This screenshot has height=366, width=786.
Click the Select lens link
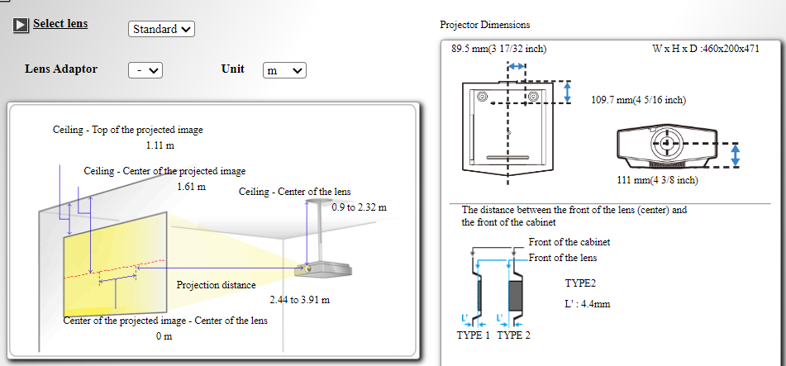tap(60, 24)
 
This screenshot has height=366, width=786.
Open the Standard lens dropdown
tap(161, 29)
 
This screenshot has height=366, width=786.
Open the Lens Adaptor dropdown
tap(145, 70)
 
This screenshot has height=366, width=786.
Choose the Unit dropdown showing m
tap(284, 70)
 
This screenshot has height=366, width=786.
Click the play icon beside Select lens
tap(21, 25)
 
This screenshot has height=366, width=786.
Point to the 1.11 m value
tap(160, 146)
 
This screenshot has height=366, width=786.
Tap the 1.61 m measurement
tap(192, 187)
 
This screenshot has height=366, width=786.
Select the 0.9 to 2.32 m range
tap(360, 207)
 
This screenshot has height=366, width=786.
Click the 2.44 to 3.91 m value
tap(300, 301)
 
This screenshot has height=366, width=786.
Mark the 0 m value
tap(164, 336)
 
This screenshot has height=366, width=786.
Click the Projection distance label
tap(216, 285)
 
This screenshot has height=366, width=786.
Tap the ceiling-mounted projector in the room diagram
tap(323, 269)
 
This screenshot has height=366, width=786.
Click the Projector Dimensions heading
tap(484, 25)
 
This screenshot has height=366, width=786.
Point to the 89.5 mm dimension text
tap(498, 49)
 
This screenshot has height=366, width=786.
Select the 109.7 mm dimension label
tap(639, 100)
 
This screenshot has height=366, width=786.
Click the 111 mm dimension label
tap(657, 180)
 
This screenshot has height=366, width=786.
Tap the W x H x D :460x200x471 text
tap(706, 49)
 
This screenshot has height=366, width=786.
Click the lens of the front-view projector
tap(667, 143)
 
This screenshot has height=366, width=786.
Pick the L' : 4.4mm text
tap(587, 304)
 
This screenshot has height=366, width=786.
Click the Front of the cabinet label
tap(569, 242)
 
